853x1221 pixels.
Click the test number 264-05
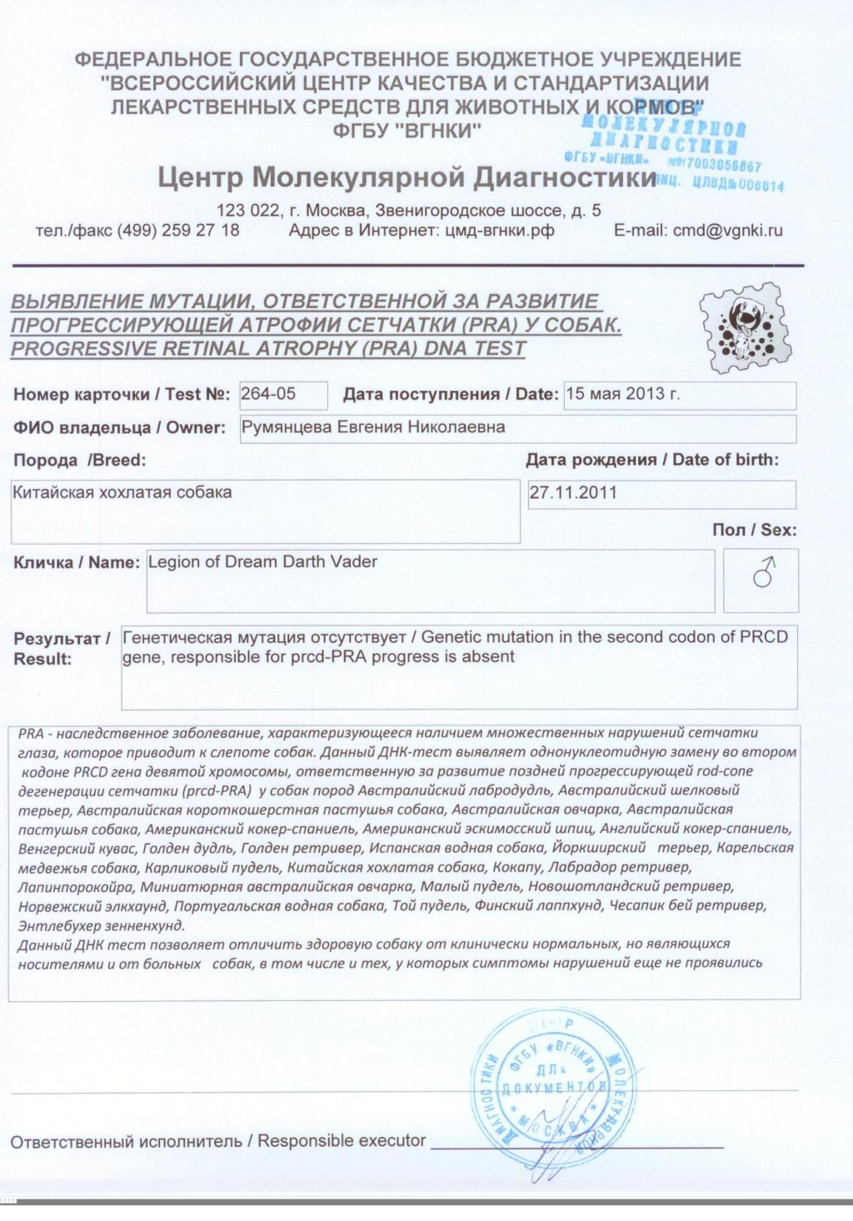[268, 394]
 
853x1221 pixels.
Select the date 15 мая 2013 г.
[622, 394]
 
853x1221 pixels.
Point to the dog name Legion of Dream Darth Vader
[262, 562]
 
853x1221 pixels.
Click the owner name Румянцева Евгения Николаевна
[372, 427]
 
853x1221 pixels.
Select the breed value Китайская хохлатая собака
[122, 492]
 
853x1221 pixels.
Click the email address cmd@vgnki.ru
[698, 231]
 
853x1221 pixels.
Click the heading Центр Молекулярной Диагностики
[407, 177]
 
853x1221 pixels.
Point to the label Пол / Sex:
[754, 530]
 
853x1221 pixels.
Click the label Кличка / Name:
[76, 562]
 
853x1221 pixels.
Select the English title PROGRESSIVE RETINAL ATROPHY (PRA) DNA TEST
[268, 348]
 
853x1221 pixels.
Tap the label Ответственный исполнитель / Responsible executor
[218, 1141]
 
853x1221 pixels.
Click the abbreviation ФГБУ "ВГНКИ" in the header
[407, 130]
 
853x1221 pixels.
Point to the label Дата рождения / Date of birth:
[652, 460]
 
